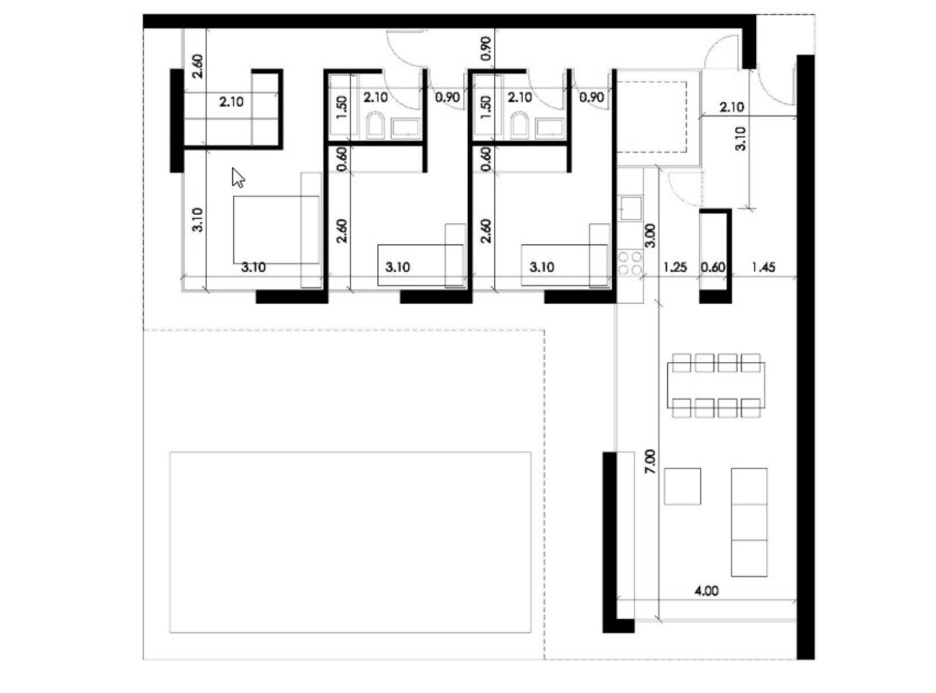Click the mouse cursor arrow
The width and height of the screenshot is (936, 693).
(x=238, y=178)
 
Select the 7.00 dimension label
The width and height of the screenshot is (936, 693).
(x=649, y=461)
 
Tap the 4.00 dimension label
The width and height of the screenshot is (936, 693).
(x=706, y=590)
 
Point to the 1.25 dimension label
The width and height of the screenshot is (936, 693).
(x=675, y=267)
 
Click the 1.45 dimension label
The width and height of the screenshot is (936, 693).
(x=763, y=267)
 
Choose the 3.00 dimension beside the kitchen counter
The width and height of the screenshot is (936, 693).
(x=649, y=235)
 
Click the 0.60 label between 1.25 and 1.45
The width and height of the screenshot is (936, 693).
(x=713, y=267)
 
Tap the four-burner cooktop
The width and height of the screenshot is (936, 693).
(x=629, y=263)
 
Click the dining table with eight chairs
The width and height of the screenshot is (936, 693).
(x=715, y=385)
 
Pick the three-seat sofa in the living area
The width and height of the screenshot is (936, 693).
(x=749, y=522)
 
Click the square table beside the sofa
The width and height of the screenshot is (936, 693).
(x=682, y=486)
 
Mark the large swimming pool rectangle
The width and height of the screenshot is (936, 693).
(x=350, y=542)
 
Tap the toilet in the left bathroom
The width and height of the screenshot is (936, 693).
(x=375, y=125)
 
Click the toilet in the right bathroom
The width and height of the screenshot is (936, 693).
(x=519, y=125)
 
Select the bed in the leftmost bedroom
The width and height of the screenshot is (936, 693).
(x=276, y=230)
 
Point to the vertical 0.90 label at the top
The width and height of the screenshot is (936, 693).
(x=486, y=49)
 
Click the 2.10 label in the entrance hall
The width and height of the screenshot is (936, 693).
(x=731, y=107)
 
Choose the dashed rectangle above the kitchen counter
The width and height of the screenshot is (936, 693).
(x=651, y=116)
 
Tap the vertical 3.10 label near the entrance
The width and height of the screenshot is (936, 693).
(x=740, y=138)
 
